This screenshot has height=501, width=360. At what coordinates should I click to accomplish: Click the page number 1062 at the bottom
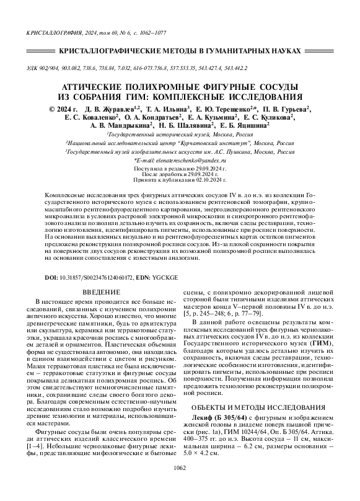click(180, 485)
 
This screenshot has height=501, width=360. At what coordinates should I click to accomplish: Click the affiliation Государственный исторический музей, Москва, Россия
click(180, 134)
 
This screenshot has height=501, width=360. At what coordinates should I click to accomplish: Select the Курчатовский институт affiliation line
click(180, 142)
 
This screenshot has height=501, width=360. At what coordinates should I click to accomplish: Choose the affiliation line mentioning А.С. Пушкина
click(180, 150)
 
